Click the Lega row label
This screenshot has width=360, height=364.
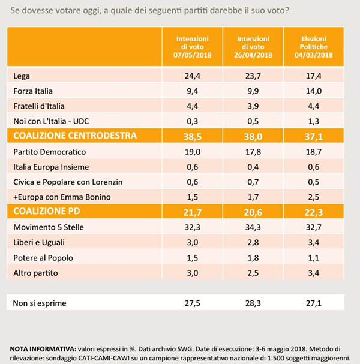[22, 76]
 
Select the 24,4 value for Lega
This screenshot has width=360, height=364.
[191, 76]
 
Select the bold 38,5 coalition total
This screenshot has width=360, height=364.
[191, 136]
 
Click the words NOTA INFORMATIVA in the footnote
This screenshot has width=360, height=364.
[41, 348]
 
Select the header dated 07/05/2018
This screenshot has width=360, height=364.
[191, 46]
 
